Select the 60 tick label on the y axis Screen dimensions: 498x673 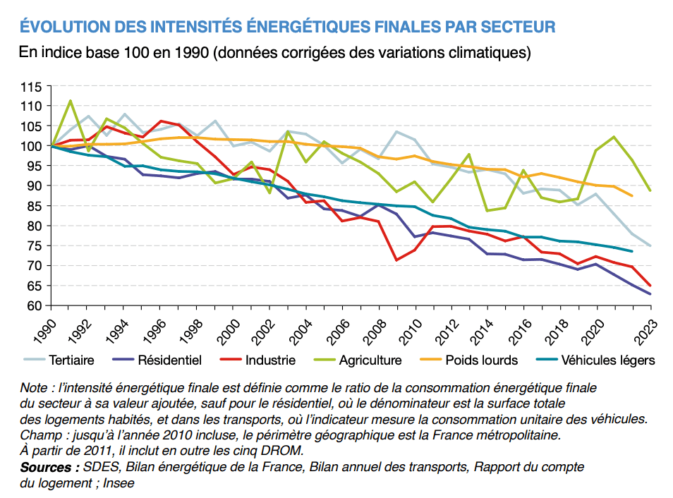click(x=35, y=306)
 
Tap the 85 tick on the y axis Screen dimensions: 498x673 click(x=35, y=206)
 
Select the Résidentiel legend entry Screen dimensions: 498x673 click(x=169, y=360)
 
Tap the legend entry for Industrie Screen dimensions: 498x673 click(x=269, y=360)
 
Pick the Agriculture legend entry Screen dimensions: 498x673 click(x=370, y=360)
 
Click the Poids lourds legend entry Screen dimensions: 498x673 click(x=481, y=360)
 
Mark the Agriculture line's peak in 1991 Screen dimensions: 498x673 click(x=70, y=101)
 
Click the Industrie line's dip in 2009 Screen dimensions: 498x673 click(x=397, y=260)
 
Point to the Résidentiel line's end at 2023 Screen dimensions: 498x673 click(x=650, y=294)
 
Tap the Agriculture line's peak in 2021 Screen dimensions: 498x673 click(x=614, y=137)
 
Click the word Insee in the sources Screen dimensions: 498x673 click(x=119, y=483)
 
